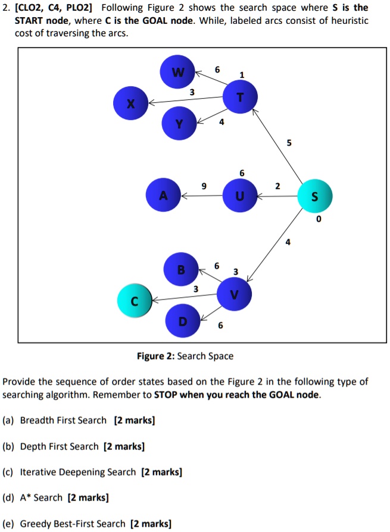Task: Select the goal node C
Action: [x=135, y=301]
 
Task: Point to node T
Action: [x=239, y=99]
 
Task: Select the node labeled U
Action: [x=239, y=196]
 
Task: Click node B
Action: [x=180, y=270]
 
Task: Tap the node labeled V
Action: [x=234, y=293]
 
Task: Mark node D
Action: [x=182, y=321]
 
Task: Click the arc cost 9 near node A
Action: [x=204, y=186]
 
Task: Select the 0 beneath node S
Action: [x=319, y=219]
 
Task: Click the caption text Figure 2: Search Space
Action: [x=185, y=356]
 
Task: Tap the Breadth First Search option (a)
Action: [x=63, y=421]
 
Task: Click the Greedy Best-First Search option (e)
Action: [x=73, y=524]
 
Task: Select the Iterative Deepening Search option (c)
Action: [x=78, y=472]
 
